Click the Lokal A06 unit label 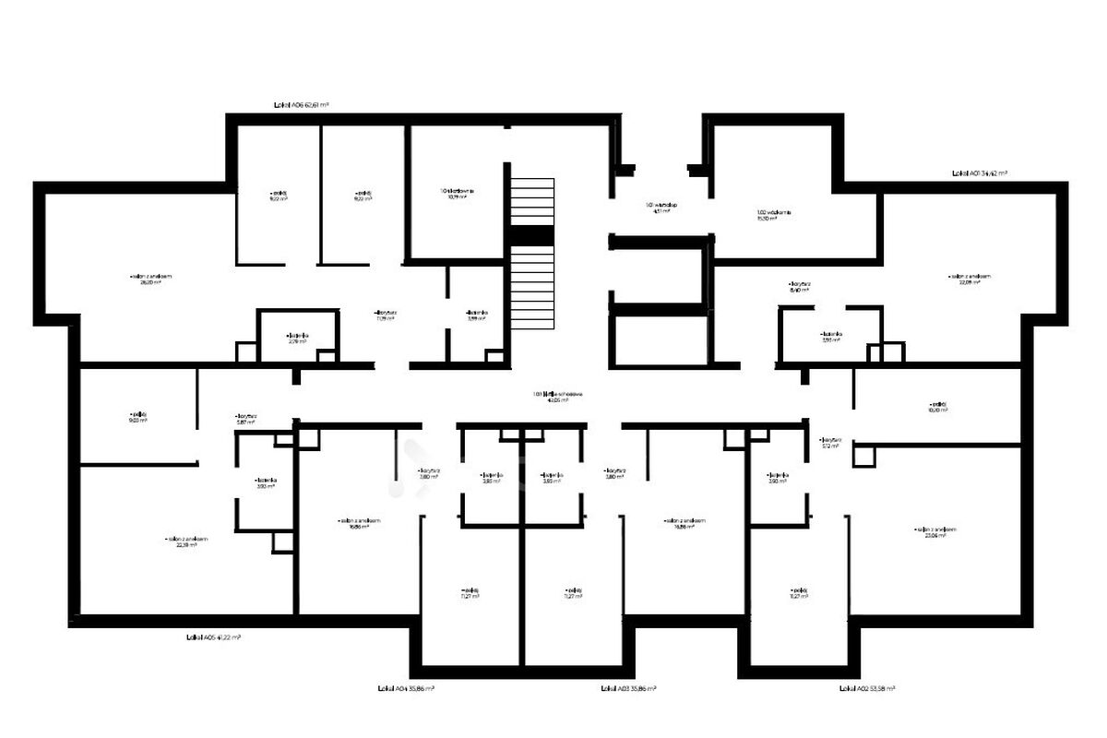[x=301, y=106]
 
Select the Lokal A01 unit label [x=979, y=173]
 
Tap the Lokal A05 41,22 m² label [x=213, y=637]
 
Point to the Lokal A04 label [x=406, y=688]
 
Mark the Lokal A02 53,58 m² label [x=867, y=688]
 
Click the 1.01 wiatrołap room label [x=661, y=208]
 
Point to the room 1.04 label [x=458, y=194]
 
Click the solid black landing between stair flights [x=533, y=236]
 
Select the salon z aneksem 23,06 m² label [x=935, y=532]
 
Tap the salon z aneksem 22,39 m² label [x=187, y=542]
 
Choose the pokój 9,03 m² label [x=137, y=418]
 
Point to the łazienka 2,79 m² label [x=296, y=339]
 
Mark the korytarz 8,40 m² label [x=799, y=287]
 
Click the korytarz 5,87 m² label [x=245, y=419]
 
